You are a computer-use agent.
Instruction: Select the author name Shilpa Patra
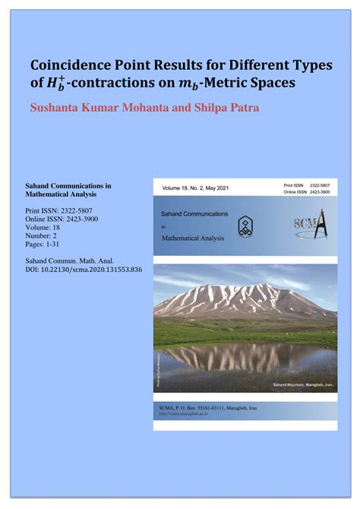tap(225, 108)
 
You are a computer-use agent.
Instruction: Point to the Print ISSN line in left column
tap(61, 210)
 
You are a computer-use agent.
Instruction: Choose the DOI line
tap(84, 270)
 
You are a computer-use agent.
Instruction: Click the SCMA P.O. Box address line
tap(208, 408)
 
